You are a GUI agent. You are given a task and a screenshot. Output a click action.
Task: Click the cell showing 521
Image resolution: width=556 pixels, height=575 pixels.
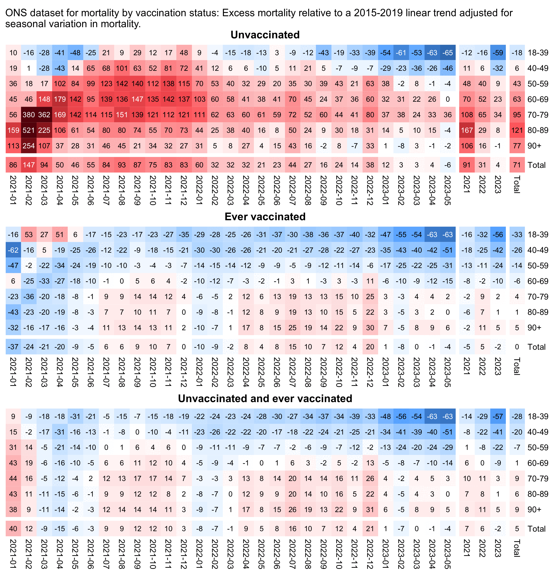click(x=29, y=130)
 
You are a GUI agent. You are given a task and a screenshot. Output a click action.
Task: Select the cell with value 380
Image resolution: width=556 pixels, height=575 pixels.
click(x=29, y=115)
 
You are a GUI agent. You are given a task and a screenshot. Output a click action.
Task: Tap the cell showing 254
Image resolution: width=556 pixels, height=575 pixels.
click(x=29, y=146)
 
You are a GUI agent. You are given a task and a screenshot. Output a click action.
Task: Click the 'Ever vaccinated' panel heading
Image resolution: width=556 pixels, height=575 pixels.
click(x=265, y=217)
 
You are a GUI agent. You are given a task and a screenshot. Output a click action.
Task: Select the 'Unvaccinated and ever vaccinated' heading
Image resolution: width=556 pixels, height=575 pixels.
click(x=265, y=398)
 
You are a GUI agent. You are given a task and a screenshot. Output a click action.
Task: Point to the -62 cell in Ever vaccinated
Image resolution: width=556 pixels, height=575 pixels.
click(x=13, y=250)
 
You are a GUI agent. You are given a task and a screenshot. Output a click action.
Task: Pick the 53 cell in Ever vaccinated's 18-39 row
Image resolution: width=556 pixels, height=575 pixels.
click(x=29, y=235)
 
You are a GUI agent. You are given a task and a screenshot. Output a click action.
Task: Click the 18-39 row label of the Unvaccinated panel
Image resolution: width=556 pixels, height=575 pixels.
click(x=538, y=53)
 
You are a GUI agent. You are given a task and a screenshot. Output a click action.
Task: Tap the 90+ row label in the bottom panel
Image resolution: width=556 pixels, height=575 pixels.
click(x=534, y=509)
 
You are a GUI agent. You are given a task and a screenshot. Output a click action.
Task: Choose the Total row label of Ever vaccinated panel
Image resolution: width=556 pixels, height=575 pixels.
click(x=536, y=347)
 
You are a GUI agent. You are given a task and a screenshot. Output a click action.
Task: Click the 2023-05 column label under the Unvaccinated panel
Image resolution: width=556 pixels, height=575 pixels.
click(x=448, y=190)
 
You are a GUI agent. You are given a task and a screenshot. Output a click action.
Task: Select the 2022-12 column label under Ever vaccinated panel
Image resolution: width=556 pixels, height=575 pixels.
click(x=370, y=372)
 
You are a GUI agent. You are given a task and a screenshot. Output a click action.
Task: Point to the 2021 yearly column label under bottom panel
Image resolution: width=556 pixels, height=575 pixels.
click(x=467, y=548)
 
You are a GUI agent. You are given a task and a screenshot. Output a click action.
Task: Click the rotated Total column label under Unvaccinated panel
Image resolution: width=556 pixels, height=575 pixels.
click(x=517, y=184)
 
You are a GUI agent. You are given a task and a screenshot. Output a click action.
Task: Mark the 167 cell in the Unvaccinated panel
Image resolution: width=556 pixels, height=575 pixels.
click(x=467, y=130)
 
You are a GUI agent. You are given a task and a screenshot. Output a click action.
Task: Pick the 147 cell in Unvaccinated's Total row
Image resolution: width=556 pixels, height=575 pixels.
click(x=29, y=165)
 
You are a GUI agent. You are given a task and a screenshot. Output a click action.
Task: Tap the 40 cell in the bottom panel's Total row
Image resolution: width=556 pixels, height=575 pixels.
click(x=13, y=529)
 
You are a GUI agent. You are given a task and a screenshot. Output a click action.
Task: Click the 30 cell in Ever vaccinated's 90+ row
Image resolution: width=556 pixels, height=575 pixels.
click(x=370, y=328)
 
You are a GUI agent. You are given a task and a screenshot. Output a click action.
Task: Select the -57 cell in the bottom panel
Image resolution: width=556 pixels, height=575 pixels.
click(x=498, y=417)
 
